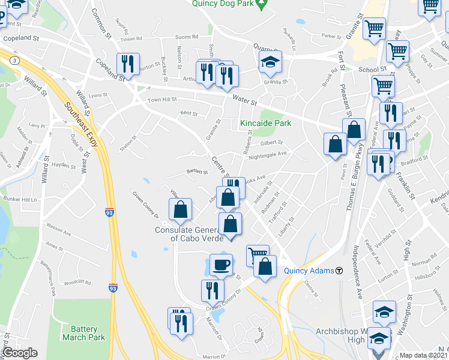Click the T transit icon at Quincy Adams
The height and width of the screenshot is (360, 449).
click(339, 271)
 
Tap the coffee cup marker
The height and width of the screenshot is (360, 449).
click(221, 264)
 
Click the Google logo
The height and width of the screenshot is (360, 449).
click(20, 353)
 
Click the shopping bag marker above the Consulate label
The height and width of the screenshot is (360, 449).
click(181, 209)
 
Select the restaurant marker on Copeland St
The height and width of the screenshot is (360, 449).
click(128, 64)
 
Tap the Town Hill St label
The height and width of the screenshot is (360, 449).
click(162, 100)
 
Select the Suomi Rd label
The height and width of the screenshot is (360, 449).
click(187, 37)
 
